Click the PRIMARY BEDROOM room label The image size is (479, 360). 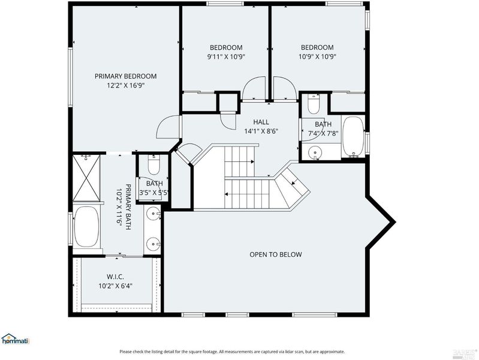pyautogui.click(x=125, y=76)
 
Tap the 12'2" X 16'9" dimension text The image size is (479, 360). pyautogui.click(x=125, y=85)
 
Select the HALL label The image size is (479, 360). pyautogui.click(x=261, y=122)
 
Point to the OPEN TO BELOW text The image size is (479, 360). pyautogui.click(x=276, y=254)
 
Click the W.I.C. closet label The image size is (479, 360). pyautogui.click(x=115, y=277)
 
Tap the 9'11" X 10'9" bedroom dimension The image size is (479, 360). pyautogui.click(x=227, y=56)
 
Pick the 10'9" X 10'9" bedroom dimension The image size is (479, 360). pyautogui.click(x=317, y=56)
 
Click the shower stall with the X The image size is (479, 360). pyautogui.click(x=87, y=178)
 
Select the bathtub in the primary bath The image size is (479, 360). pyautogui.click(x=86, y=227)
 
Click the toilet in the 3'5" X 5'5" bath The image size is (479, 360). pyautogui.click(x=153, y=165)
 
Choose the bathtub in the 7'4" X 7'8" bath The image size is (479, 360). pyautogui.click(x=354, y=137)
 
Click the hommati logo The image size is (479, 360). pyautogui.click(x=15, y=339)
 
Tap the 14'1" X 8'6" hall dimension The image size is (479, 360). pyautogui.click(x=261, y=131)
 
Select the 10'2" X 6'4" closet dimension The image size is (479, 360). pyautogui.click(x=115, y=286)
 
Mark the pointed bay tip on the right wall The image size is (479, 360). pyautogui.click(x=394, y=221)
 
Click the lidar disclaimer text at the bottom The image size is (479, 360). pyautogui.click(x=232, y=352)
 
